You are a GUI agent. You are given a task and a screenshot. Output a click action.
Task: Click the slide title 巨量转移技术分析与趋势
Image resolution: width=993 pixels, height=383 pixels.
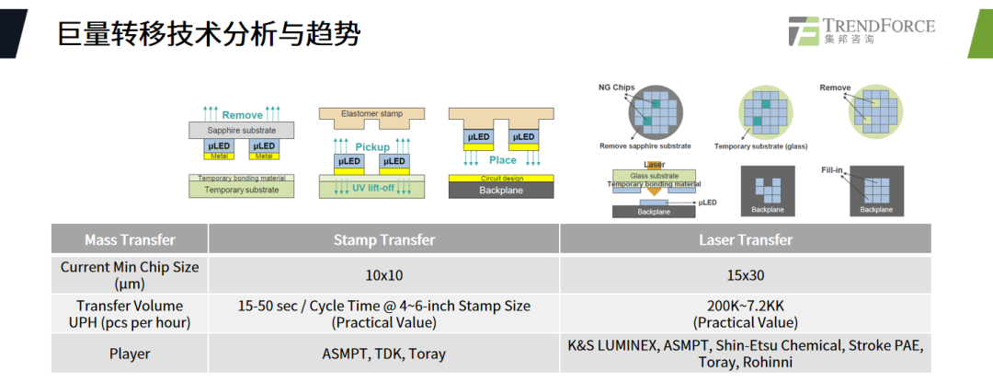[x=208, y=34]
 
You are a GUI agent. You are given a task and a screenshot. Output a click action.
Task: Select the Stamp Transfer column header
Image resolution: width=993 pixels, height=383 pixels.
[x=383, y=240]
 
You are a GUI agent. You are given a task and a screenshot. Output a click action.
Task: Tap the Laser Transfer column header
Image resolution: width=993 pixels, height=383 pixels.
[x=745, y=240]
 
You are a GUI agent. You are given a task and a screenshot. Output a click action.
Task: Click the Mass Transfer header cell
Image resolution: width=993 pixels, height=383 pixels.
[x=130, y=240]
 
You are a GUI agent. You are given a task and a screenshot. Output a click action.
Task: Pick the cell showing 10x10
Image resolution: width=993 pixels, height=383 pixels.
[x=383, y=275]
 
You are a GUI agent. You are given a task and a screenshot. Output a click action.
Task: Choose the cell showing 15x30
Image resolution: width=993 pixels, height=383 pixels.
[x=745, y=275]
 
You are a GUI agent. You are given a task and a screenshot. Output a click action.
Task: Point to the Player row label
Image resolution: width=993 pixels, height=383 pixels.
[x=130, y=354]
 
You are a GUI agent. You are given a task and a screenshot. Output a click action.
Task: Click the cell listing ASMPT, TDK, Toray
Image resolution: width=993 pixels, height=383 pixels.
[x=383, y=354]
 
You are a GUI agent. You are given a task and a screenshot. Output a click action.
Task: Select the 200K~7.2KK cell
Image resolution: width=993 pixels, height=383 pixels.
[x=745, y=314]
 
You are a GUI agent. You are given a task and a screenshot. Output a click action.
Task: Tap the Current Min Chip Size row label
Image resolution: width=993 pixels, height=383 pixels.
[x=130, y=275]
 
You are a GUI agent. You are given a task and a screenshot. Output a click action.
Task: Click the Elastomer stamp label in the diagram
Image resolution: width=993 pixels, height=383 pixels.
[x=372, y=114]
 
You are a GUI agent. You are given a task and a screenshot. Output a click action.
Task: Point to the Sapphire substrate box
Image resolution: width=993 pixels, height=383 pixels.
[x=241, y=131]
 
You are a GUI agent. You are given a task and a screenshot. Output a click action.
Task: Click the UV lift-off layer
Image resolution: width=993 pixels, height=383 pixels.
[x=372, y=188]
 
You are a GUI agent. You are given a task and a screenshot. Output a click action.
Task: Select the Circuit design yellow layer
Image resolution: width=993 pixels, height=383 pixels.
[x=501, y=178]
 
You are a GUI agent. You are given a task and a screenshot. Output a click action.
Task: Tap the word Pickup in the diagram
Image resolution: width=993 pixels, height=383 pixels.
[x=372, y=146]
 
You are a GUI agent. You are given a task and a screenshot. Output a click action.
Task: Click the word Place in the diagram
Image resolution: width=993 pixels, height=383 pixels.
[x=502, y=160]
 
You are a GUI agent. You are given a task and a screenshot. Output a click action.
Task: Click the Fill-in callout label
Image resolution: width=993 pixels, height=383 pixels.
[x=833, y=170]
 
